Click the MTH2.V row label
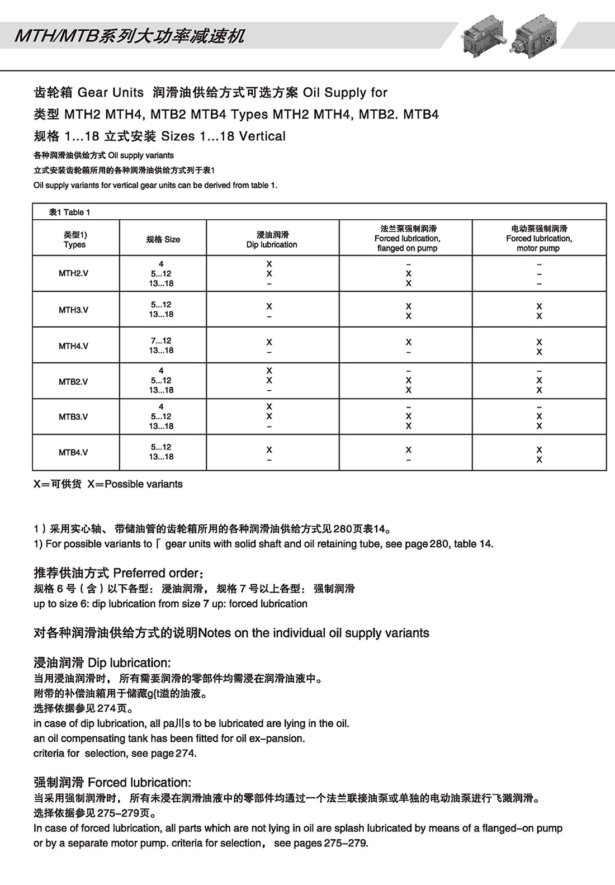pyautogui.click(x=73, y=273)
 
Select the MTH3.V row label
pyautogui.click(x=73, y=310)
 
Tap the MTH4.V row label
pyautogui.click(x=73, y=346)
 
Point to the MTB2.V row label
pyautogui.click(x=73, y=381)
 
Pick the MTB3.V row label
pyautogui.click(x=73, y=417)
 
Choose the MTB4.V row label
pyautogui.click(x=73, y=452)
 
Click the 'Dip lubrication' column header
pyautogui.click(x=272, y=240)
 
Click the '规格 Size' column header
pyautogui.click(x=163, y=239)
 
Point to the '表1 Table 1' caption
pyautogui.click(x=69, y=212)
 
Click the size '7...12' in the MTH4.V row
pyautogui.click(x=161, y=340)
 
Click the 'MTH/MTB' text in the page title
pyautogui.click(x=56, y=37)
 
